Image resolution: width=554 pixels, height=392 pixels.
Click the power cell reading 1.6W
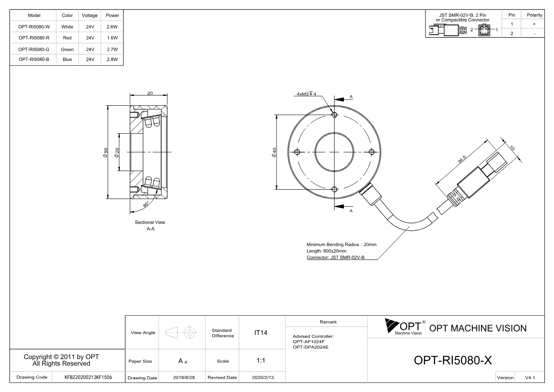(x=112, y=38)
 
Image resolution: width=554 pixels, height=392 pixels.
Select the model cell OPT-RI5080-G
(x=34, y=49)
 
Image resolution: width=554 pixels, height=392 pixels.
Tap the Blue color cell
(x=67, y=59)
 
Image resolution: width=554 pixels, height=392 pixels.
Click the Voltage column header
(x=90, y=15)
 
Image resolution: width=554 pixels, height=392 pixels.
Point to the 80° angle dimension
(x=146, y=204)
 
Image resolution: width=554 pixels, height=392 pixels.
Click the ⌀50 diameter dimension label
(x=106, y=153)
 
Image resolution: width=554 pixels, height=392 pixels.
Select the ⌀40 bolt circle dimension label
(x=274, y=153)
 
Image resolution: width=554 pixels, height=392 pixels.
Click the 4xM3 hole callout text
(x=306, y=94)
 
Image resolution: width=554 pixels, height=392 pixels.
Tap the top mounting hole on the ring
(x=335, y=115)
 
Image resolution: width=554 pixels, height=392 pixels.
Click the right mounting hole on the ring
(x=372, y=152)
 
